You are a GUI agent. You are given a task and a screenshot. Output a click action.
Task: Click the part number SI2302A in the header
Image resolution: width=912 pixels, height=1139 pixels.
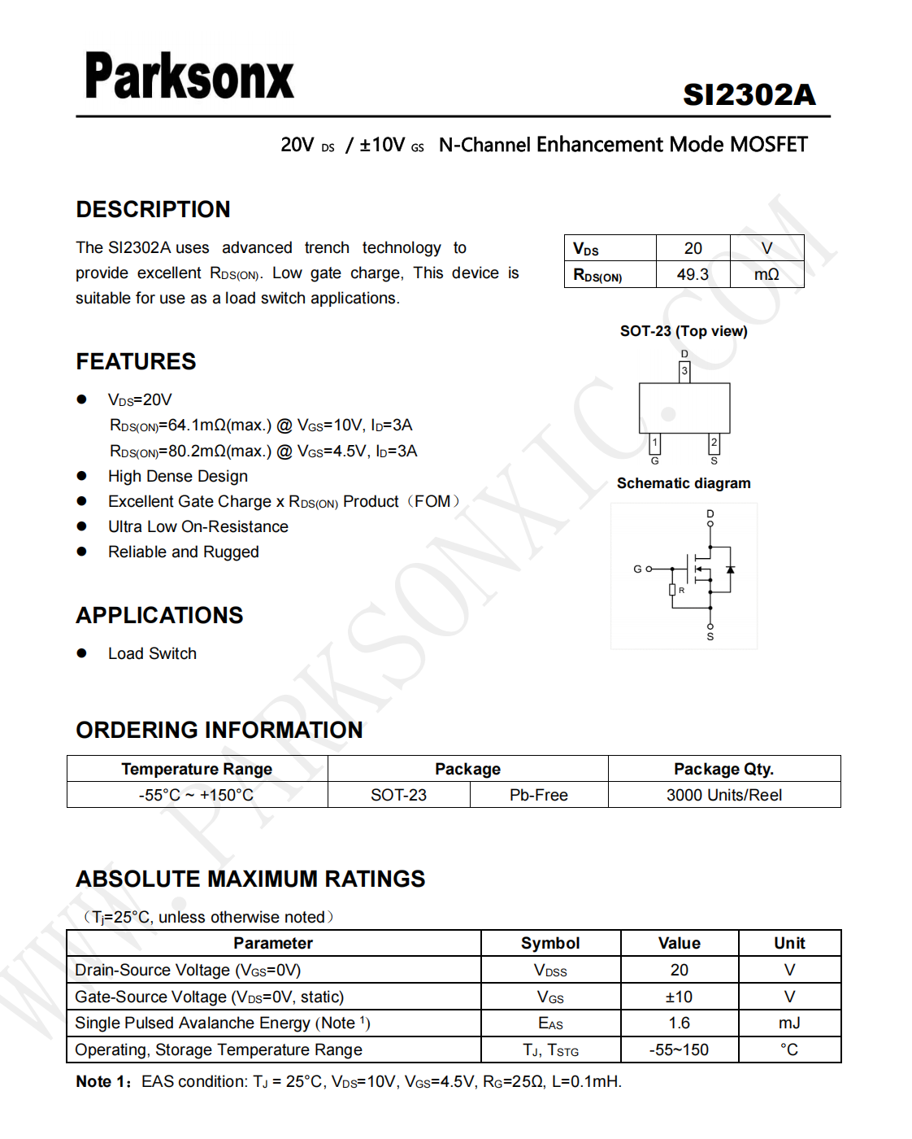(749, 95)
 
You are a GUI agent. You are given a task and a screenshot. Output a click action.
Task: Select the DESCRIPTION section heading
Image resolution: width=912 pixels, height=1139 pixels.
(153, 209)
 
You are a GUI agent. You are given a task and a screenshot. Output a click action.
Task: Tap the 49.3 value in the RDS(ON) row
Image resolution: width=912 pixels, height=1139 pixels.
(693, 274)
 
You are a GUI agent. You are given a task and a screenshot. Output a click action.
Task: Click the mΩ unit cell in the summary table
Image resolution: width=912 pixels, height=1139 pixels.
(767, 274)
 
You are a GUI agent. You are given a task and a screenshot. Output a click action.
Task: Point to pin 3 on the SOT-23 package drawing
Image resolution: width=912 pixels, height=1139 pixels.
(684, 371)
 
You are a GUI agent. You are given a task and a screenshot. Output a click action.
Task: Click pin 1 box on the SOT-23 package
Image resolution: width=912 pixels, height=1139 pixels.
(655, 443)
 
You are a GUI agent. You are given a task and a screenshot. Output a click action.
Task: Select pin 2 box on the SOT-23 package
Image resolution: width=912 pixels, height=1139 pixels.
(714, 443)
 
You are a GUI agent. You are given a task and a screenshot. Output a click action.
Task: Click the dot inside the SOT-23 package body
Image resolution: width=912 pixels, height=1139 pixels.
(668, 413)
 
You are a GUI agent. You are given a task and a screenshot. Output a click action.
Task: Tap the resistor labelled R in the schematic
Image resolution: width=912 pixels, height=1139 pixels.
(672, 590)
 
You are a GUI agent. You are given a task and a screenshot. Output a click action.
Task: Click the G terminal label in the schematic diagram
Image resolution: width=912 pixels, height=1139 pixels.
(638, 569)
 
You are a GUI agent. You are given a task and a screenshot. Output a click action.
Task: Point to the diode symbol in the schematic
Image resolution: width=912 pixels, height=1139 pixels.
(730, 570)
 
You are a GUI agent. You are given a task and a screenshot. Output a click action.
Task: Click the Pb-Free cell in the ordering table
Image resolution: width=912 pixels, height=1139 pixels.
(538, 795)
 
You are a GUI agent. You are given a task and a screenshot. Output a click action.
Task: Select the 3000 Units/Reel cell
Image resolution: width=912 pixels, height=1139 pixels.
(723, 795)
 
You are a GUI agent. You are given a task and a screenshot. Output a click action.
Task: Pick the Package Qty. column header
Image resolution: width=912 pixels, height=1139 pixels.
(723, 769)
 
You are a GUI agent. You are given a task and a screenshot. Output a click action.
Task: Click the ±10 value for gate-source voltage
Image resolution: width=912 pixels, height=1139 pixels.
(679, 997)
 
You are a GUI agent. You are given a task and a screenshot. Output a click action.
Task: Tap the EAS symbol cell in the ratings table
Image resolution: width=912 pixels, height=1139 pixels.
(550, 1023)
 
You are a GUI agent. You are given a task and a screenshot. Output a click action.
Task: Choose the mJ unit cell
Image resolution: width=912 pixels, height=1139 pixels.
(789, 1023)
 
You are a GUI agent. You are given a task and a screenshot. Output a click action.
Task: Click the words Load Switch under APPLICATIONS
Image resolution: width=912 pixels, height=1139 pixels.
(152, 653)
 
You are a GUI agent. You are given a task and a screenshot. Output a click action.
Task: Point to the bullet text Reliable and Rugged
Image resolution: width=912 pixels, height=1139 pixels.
(183, 552)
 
